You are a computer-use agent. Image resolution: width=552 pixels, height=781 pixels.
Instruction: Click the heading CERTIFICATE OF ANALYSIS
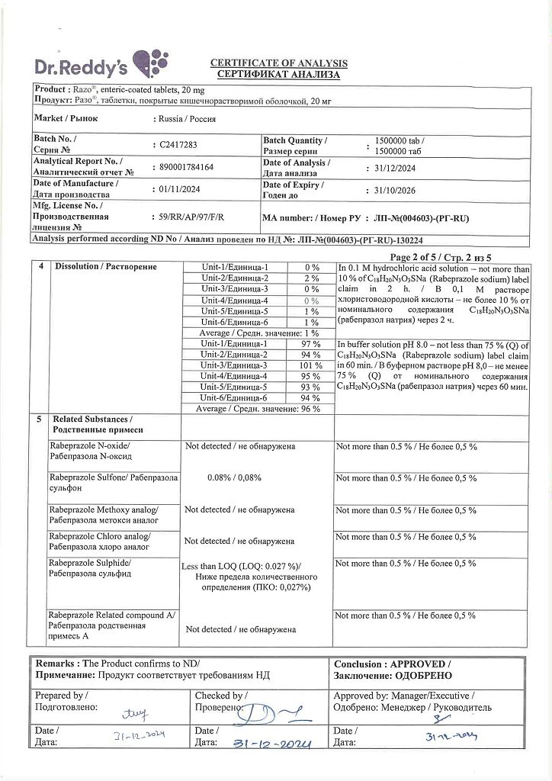(x=278, y=63)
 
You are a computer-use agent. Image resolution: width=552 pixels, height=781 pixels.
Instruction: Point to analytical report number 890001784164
(x=186, y=166)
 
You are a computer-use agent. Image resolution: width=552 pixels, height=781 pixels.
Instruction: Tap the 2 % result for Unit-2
(x=311, y=279)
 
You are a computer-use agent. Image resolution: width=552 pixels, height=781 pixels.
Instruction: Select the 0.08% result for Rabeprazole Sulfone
(x=234, y=477)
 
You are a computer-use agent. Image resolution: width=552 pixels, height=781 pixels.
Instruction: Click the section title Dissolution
(x=104, y=266)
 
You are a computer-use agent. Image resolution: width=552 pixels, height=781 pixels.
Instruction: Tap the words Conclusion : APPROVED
(x=392, y=664)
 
